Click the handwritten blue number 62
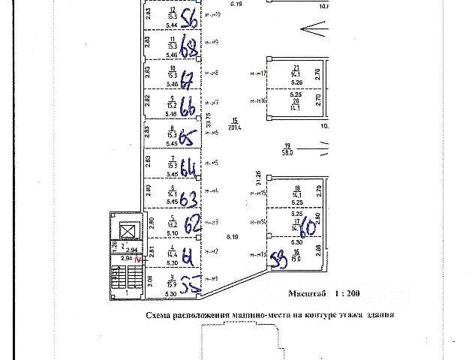[x=193, y=223]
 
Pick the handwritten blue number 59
[x=277, y=259]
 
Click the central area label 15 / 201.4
[x=235, y=124]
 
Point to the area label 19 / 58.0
[x=287, y=149]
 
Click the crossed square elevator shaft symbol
[x=128, y=231]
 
